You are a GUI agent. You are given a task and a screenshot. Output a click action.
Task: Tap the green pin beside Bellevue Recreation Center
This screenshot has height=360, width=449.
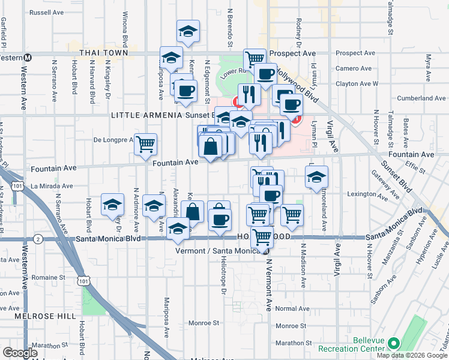[x=394, y=344]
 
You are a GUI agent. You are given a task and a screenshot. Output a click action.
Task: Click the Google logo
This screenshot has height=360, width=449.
[x=20, y=353]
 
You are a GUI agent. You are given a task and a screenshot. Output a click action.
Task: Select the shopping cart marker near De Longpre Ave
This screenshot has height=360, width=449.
[x=146, y=144]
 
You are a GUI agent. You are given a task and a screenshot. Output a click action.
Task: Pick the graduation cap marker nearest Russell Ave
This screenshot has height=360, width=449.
[x=188, y=31]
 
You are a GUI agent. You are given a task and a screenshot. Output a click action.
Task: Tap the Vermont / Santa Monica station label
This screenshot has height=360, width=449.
[x=220, y=250]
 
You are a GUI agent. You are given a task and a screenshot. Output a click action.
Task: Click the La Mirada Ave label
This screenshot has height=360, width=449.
[x=52, y=186]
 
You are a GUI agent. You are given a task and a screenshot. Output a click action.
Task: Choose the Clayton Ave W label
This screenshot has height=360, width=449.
[x=357, y=84]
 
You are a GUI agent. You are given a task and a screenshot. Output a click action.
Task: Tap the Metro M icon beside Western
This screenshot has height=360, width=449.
[x=28, y=58]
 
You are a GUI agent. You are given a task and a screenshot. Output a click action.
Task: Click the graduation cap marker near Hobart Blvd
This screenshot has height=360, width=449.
[x=112, y=205]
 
